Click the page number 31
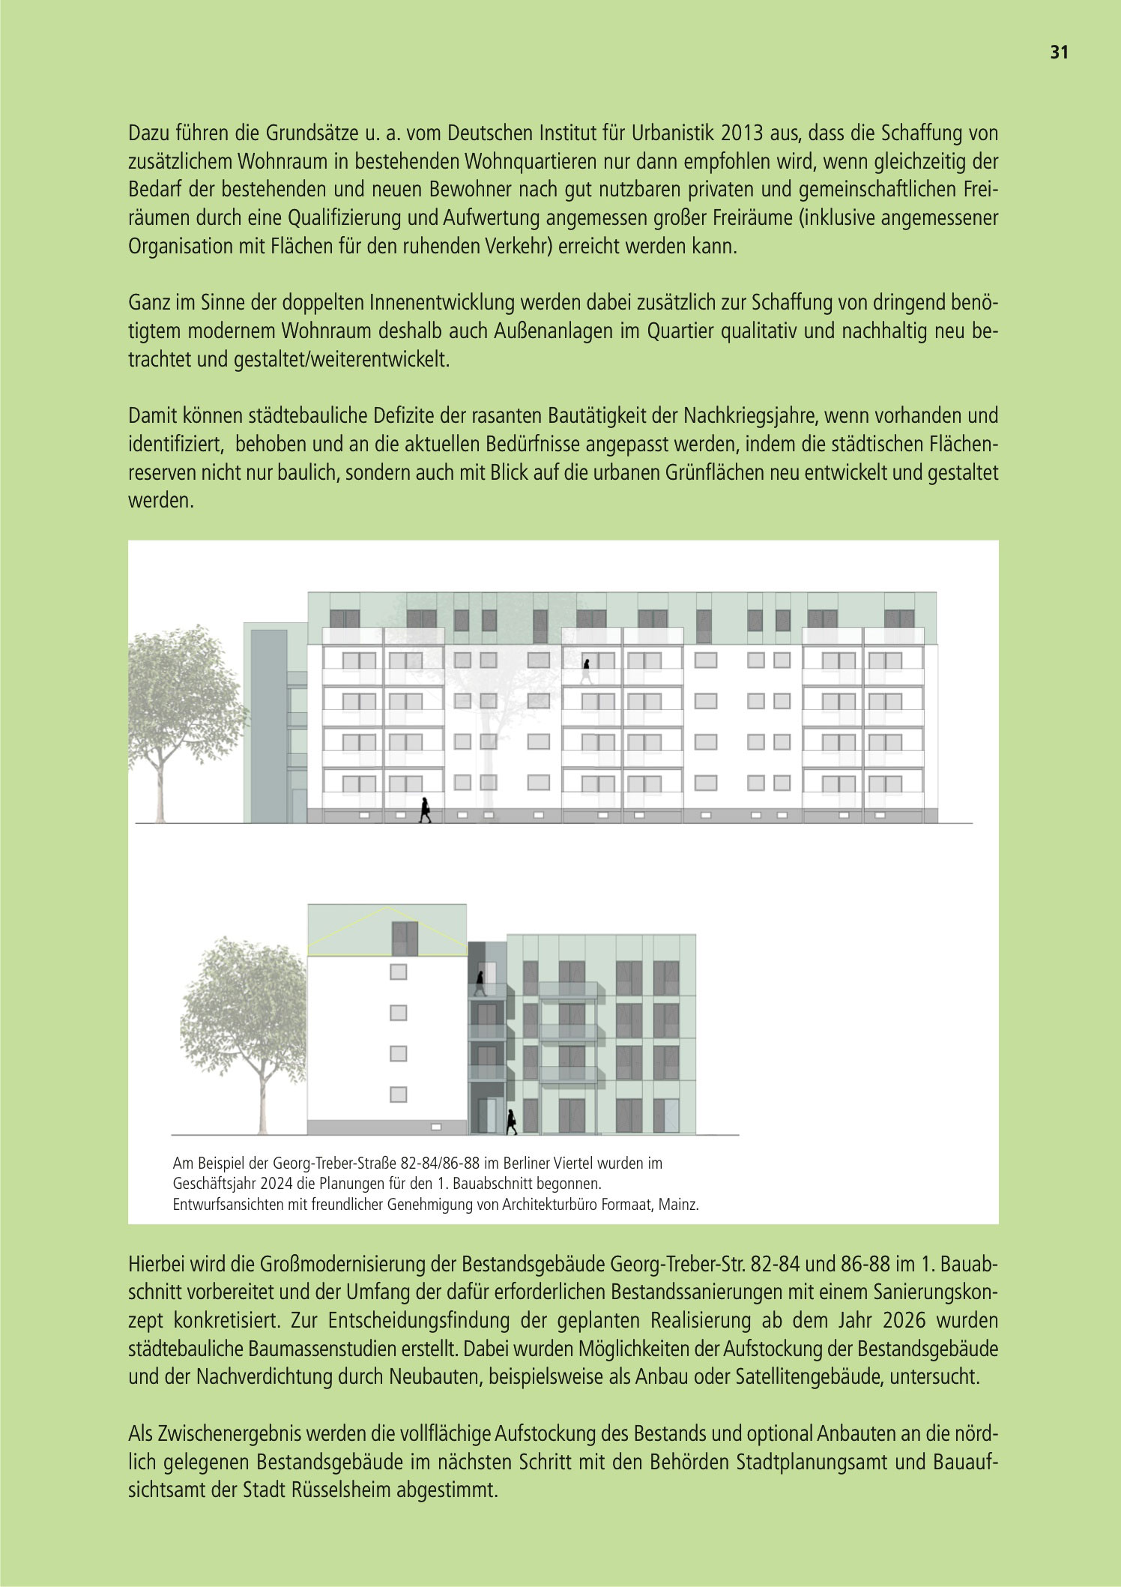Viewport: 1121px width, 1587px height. pyautogui.click(x=1059, y=52)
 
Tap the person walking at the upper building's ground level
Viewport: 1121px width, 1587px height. pyautogui.click(x=425, y=810)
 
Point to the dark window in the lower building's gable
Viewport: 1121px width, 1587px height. pyautogui.click(x=405, y=938)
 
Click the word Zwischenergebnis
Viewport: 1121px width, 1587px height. pyautogui.click(x=217, y=1434)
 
